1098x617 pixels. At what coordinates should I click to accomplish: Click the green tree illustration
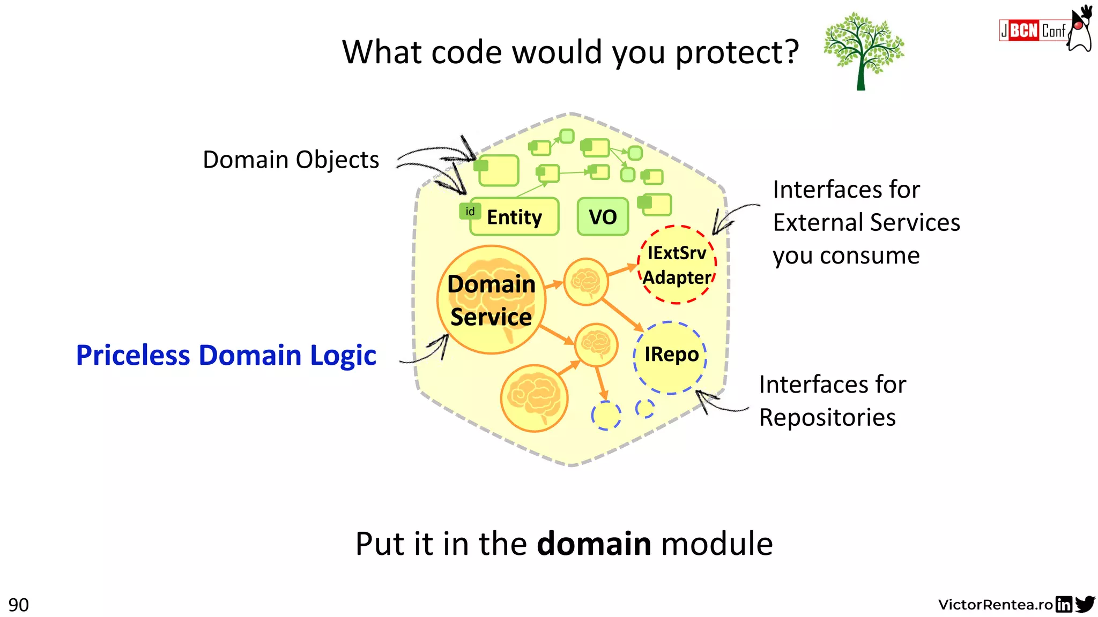tap(863, 51)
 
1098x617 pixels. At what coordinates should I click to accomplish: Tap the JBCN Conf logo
tap(1033, 31)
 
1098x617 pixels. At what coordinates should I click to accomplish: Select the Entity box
tap(514, 217)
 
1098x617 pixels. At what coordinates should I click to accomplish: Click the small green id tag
tap(470, 212)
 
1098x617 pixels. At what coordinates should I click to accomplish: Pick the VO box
tap(603, 217)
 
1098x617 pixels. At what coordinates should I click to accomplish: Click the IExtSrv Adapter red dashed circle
tap(677, 265)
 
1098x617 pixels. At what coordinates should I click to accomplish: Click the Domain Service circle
tap(491, 300)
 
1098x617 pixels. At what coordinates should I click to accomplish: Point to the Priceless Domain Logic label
tap(226, 355)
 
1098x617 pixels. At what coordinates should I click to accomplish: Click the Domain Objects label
tap(291, 160)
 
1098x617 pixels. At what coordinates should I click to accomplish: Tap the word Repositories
tap(827, 418)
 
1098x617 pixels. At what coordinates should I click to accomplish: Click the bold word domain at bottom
tap(594, 544)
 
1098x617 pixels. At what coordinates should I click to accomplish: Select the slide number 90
tap(18, 605)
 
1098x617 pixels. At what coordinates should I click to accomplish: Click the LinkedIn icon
tap(1064, 604)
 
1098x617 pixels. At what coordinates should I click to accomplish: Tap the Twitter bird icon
tap(1085, 604)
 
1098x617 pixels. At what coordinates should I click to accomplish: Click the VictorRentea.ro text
tap(996, 605)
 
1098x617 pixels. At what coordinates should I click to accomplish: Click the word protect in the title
tap(737, 52)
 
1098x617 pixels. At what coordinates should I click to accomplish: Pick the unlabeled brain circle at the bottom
tap(534, 398)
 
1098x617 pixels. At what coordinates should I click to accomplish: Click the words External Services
tap(866, 223)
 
